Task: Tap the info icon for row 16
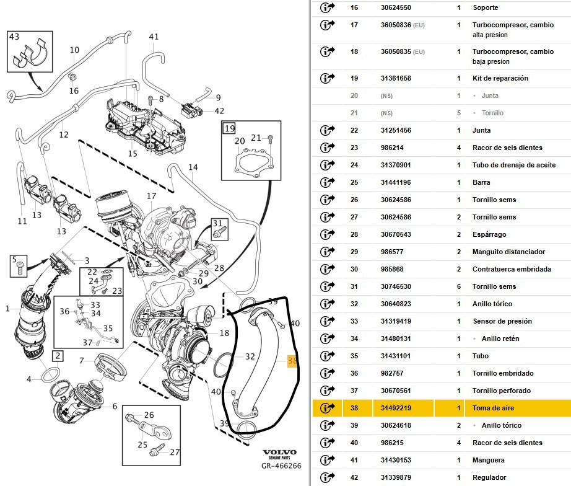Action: pos(327,7)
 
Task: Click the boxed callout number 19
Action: pos(230,129)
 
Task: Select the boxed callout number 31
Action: pos(217,223)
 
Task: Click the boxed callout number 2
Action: pos(57,355)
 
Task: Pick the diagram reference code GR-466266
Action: pos(281,466)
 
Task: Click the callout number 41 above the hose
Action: pos(154,37)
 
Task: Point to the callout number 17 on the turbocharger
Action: pos(151,196)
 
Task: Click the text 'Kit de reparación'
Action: pos(500,78)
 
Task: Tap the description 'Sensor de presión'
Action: pos(502,321)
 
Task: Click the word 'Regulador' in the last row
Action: pos(489,477)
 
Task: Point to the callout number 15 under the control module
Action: pos(133,153)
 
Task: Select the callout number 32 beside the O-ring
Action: pos(250,356)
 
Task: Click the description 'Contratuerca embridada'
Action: pos(512,269)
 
